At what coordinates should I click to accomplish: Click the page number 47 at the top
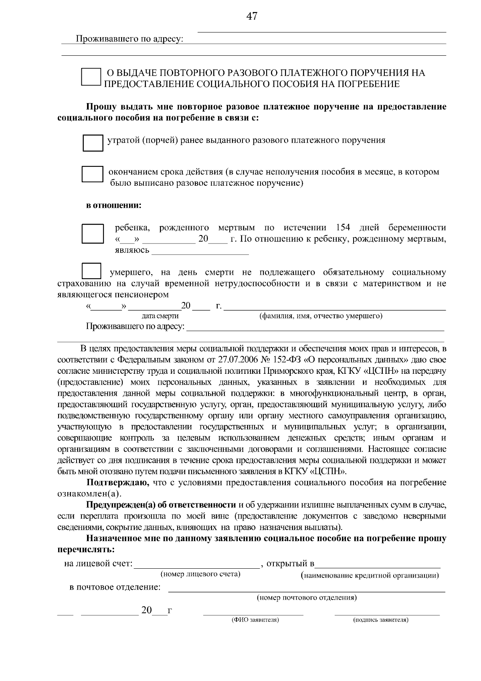[252, 16]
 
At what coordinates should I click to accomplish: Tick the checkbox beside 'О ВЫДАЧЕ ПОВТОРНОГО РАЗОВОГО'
[91, 77]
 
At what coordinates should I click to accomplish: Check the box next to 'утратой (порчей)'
[93, 143]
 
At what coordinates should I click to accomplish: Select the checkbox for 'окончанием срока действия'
[92, 175]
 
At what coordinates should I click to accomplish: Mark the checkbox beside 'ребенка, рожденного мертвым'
[93, 234]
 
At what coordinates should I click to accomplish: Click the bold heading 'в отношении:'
[114, 206]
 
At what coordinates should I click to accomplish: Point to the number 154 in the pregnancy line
[343, 228]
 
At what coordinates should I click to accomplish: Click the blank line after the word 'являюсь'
[200, 251]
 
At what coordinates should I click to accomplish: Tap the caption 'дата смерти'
[160, 316]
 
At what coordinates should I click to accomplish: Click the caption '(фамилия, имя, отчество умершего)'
[321, 316]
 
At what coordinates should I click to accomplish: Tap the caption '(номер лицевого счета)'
[200, 574]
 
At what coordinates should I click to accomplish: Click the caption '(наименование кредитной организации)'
[370, 576]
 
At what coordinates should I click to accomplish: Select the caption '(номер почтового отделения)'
[307, 598]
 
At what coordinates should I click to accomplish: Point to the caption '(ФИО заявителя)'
[255, 620]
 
